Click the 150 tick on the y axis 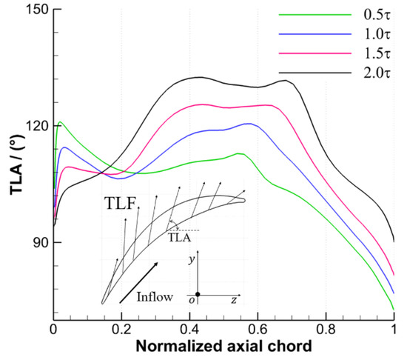click(x=33, y=9)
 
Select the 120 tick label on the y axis click(x=33, y=126)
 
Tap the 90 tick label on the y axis click(x=37, y=243)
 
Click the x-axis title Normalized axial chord click(x=223, y=346)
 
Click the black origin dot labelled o click(x=198, y=294)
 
